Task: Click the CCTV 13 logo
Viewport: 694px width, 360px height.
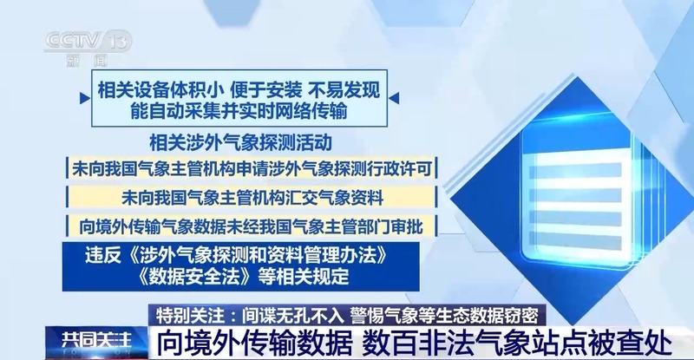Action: pos(88,42)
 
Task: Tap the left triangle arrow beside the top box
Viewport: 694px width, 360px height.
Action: pos(84,98)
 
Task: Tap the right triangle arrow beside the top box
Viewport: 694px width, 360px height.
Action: pos(394,98)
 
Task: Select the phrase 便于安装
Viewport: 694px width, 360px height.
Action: pos(266,90)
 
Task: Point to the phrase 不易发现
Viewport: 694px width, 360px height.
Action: pos(344,90)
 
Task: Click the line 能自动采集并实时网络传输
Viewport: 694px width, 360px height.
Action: pos(239,111)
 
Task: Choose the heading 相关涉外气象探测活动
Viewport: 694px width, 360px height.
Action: pos(240,142)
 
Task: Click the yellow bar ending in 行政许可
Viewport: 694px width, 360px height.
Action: pos(252,168)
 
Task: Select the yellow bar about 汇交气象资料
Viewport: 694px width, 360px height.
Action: pos(252,198)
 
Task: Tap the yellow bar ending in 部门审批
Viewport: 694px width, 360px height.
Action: pos(252,226)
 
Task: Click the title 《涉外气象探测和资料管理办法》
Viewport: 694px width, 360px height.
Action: pos(256,256)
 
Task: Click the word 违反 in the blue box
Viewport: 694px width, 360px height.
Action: pos(103,256)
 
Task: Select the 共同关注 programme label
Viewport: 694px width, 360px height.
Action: pos(96,340)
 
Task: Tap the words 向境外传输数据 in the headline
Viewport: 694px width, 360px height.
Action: pos(255,344)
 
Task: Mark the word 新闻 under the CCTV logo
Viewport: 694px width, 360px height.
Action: pos(88,61)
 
